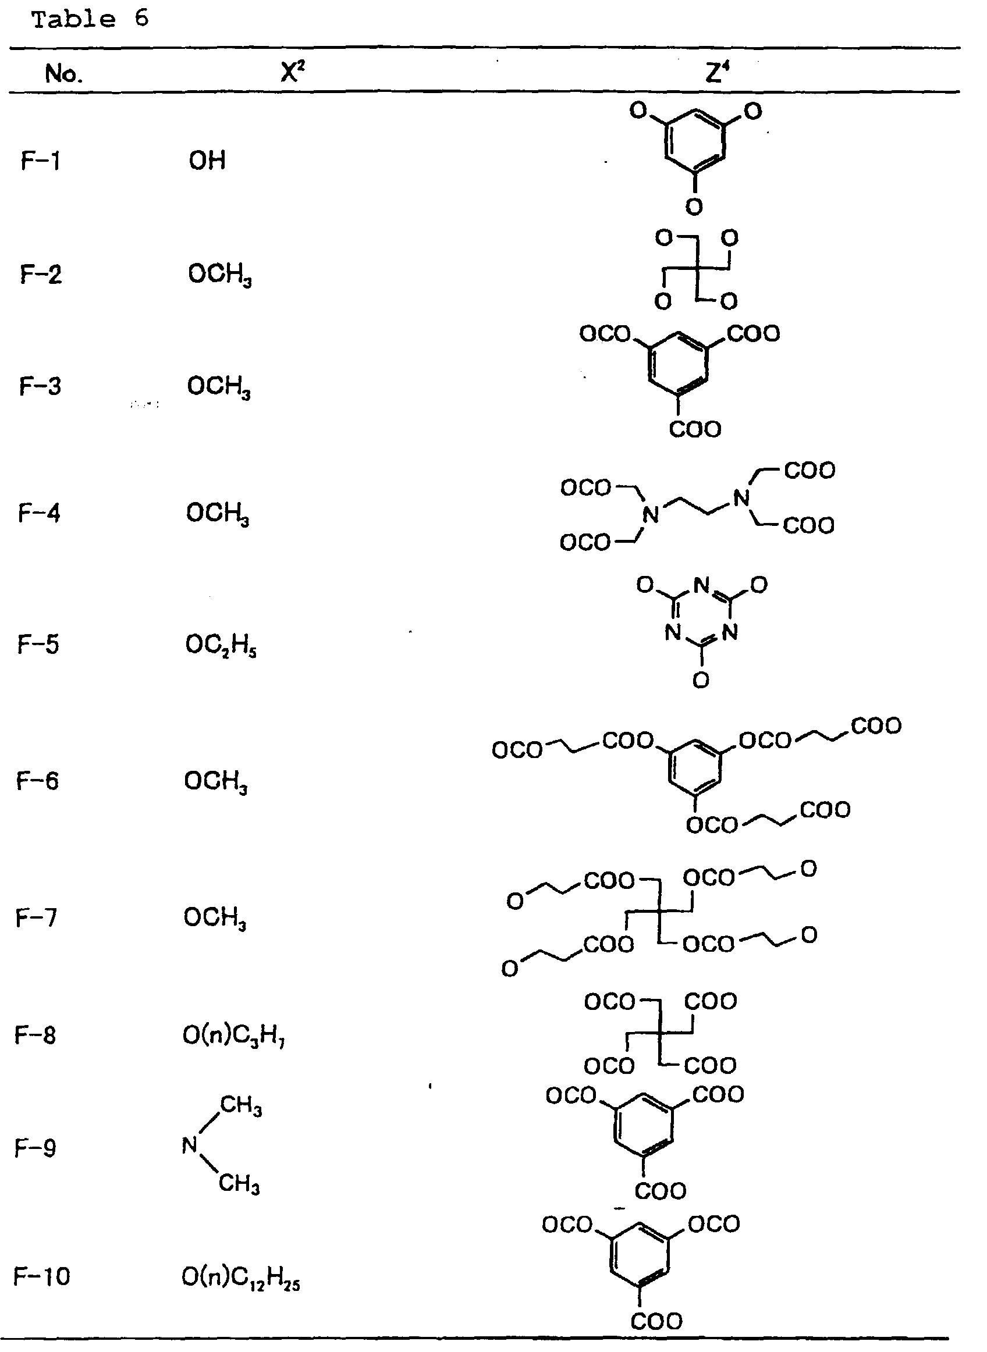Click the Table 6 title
point(90,20)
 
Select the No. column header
point(63,74)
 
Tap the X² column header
point(293,73)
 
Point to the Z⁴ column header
point(718,73)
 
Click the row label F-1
point(41,161)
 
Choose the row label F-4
point(40,513)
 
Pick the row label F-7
point(37,917)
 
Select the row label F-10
point(42,1276)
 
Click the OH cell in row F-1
point(207,161)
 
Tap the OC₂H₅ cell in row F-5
point(221,646)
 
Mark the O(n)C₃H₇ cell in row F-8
point(233,1035)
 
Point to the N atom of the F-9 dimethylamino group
point(190,1145)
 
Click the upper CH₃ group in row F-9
point(241,1105)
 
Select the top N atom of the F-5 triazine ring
point(701,585)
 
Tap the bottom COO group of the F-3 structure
point(695,429)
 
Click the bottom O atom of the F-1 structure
point(694,207)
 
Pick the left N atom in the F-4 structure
point(651,514)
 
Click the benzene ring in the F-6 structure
point(694,768)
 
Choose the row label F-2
point(41,274)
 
